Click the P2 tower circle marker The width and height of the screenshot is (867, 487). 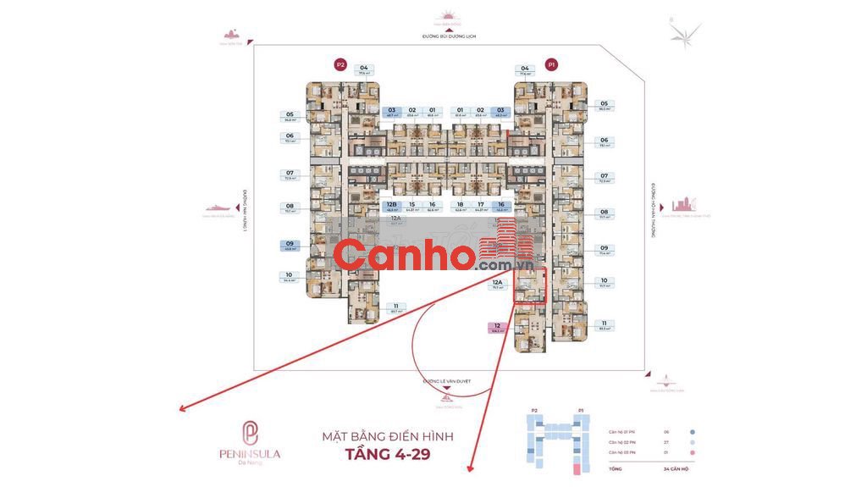[x=340, y=64]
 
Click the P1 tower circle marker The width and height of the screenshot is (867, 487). [x=551, y=64]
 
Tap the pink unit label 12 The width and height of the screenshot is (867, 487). [x=498, y=328]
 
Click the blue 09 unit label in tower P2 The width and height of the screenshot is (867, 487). [x=290, y=246]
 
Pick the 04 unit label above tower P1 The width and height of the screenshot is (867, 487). [x=525, y=69]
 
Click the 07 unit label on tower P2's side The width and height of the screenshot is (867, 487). [x=290, y=175]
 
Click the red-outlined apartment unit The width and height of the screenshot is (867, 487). [x=531, y=286]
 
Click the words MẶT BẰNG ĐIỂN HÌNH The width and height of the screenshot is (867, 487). [x=388, y=436]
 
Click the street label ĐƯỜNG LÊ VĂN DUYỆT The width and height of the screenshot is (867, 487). [x=447, y=382]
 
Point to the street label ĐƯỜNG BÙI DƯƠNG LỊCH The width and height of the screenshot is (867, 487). [x=447, y=37]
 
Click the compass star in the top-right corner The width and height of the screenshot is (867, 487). [x=684, y=32]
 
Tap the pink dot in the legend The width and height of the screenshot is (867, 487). [x=692, y=453]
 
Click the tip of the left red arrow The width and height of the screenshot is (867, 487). [x=180, y=410]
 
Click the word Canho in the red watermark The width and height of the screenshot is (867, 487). [x=403, y=254]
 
